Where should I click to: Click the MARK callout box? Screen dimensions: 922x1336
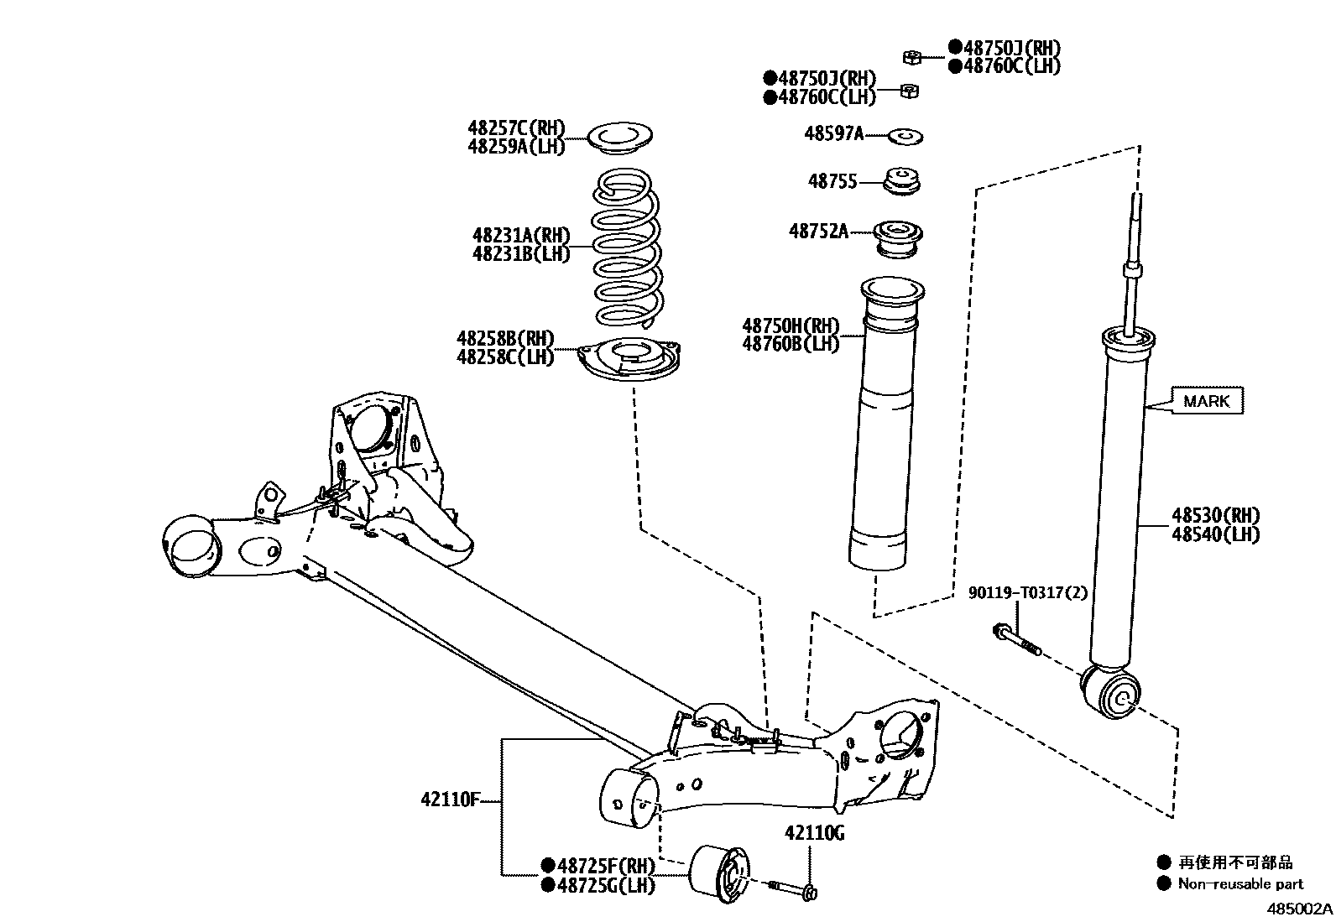click(1206, 401)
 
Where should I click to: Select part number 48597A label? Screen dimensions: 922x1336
click(833, 133)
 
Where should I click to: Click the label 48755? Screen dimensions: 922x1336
click(832, 181)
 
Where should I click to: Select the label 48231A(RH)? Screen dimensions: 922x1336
click(520, 236)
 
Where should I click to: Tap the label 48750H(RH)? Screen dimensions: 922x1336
click(791, 326)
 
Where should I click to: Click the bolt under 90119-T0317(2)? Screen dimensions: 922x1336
click(1015, 639)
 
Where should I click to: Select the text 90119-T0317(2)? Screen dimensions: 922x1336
click(1027, 593)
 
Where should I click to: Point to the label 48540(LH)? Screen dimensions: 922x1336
click(1215, 534)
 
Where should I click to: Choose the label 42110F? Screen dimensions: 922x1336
click(450, 800)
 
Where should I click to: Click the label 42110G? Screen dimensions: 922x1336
click(814, 833)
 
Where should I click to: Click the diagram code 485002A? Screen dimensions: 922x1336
click(1299, 909)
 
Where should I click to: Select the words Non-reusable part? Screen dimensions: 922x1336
click(1240, 883)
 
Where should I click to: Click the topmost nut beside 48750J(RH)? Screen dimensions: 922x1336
click(913, 57)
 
